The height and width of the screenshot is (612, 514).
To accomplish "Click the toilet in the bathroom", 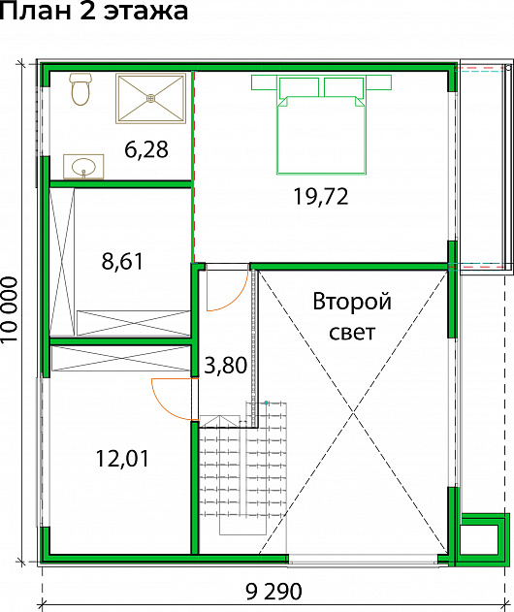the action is click(x=80, y=89).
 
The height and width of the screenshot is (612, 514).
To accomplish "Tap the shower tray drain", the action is click(x=150, y=98).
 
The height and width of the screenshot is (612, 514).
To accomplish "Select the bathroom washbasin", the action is click(x=83, y=167).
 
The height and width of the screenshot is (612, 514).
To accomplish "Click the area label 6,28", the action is click(x=146, y=149).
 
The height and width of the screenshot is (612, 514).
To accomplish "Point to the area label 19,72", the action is click(x=321, y=196).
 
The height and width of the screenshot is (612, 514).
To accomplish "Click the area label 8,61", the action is click(x=122, y=261).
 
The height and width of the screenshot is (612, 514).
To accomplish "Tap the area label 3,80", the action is click(x=226, y=366).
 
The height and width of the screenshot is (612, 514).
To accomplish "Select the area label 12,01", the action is click(x=122, y=458).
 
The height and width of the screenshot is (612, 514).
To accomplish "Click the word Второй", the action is click(x=352, y=302).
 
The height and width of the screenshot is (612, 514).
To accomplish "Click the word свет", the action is click(x=352, y=333).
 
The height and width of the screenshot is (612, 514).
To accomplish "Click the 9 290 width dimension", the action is click(x=274, y=592).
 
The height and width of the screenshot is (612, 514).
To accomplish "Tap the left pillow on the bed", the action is click(x=299, y=87).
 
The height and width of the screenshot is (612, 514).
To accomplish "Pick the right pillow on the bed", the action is click(x=344, y=87).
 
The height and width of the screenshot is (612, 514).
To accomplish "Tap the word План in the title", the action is click(x=37, y=11).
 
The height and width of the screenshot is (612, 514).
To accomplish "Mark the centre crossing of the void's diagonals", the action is click(x=353, y=412).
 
